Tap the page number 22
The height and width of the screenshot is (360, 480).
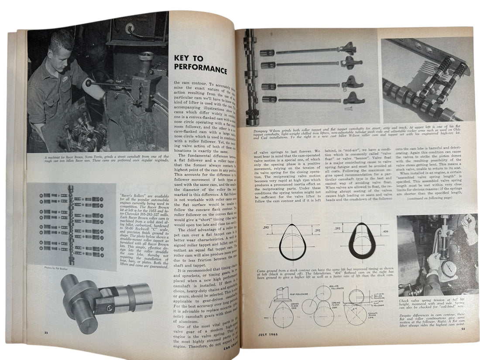tap(46, 333)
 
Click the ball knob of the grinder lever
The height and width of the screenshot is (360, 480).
tap(88, 83)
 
